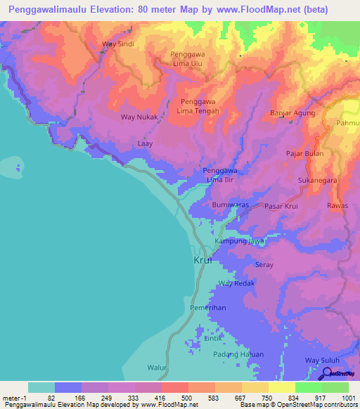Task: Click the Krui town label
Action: pyautogui.click(x=202, y=259)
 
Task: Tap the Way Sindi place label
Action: pyautogui.click(x=118, y=44)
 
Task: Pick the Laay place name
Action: pyautogui.click(x=145, y=143)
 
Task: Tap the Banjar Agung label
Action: pyautogui.click(x=295, y=112)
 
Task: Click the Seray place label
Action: pyautogui.click(x=264, y=265)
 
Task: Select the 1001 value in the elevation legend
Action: pyautogui.click(x=347, y=398)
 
